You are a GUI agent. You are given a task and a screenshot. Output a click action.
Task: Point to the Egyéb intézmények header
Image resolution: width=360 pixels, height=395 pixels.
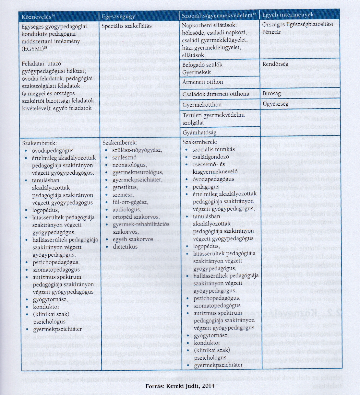[x=288, y=15]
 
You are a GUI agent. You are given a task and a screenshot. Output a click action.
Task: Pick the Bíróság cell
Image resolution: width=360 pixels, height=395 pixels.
[x=272, y=93]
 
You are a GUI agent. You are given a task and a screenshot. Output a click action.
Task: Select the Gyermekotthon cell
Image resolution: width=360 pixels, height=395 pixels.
[x=202, y=105]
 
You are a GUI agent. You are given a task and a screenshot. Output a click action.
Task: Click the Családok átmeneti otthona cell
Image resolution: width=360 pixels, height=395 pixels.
[x=216, y=94]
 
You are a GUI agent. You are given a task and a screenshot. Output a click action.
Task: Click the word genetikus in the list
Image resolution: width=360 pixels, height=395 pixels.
[x=125, y=187]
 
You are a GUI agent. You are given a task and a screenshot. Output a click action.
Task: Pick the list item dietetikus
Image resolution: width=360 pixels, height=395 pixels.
[x=125, y=247]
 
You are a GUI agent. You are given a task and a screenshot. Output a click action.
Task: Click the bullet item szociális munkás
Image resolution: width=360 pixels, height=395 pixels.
[x=213, y=150]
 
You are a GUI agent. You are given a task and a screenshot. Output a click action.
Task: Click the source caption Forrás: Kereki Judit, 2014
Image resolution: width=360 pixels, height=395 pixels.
[x=180, y=386]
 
